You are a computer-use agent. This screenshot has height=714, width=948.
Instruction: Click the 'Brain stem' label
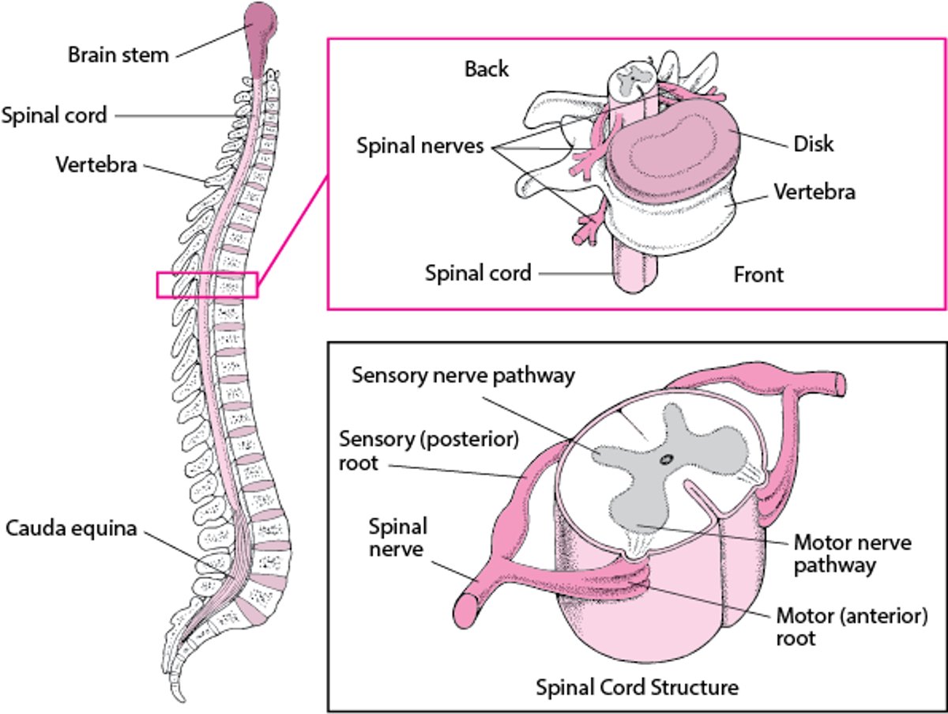pos(118,55)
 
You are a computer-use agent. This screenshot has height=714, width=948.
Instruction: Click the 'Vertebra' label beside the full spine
pos(96,165)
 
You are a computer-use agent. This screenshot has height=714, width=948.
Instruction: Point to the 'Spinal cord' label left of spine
pos(54,115)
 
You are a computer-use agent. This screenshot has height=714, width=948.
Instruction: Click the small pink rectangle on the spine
pos(207,285)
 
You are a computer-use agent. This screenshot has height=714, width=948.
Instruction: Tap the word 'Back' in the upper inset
pos(487,70)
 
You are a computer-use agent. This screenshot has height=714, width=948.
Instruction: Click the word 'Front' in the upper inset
pos(758,274)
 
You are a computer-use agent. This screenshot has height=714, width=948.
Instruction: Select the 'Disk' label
pos(814,145)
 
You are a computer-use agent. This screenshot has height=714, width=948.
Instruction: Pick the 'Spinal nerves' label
pos(419,146)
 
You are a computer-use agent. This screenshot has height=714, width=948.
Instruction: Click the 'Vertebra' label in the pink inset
pos(814,191)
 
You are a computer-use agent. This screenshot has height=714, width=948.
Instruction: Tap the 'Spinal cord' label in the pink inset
pos(477,274)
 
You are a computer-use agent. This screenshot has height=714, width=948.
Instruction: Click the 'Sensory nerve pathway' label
pos(463,375)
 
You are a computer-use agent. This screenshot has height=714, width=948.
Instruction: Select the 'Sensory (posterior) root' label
pos(429,450)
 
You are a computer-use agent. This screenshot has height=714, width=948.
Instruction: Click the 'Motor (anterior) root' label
pos(852,626)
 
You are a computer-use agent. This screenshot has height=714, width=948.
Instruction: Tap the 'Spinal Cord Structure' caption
pos(638,687)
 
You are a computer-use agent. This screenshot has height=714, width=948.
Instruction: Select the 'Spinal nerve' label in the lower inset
pos(398,537)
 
